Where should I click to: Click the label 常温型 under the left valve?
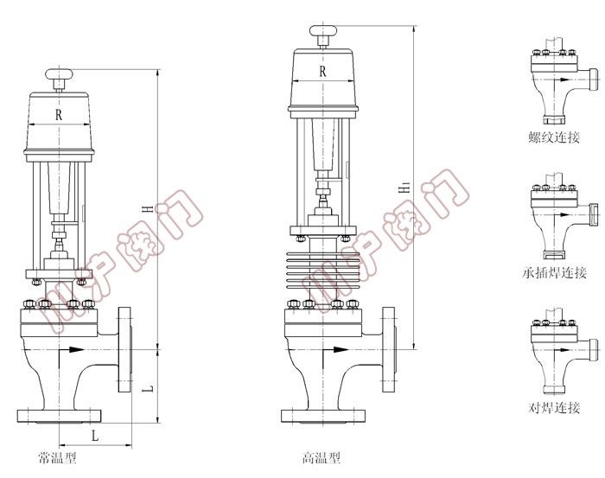coord(58,457)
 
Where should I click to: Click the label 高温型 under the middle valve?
coord(322,457)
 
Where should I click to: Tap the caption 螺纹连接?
coord(554,137)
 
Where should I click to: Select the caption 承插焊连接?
coord(555,273)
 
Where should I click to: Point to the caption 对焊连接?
coord(554,407)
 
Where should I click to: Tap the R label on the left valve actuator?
coord(59,115)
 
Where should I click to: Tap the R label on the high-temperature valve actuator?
coord(322,71)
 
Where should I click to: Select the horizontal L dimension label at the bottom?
coord(95,436)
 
